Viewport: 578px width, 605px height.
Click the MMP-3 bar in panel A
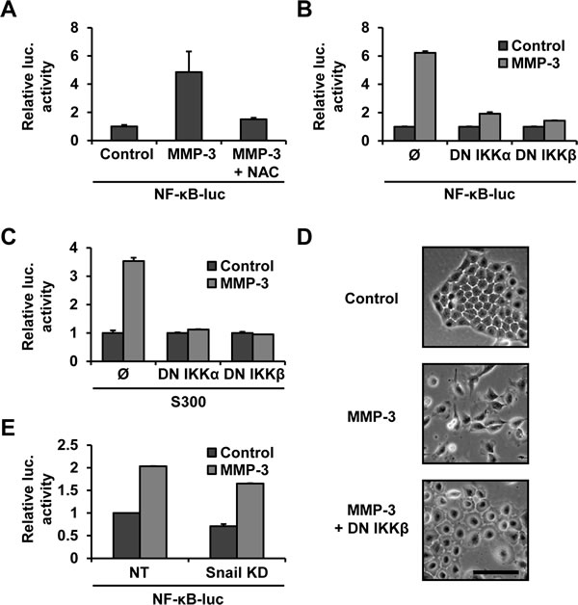(x=189, y=106)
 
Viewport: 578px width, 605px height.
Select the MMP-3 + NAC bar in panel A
(x=253, y=130)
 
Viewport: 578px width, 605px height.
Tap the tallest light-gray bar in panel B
(x=425, y=96)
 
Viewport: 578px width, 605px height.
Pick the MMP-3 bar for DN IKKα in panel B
(x=489, y=127)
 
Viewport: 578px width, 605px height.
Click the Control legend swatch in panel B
(x=503, y=46)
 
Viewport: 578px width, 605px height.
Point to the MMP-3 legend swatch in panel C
(x=212, y=283)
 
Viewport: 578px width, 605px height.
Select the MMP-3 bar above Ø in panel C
(x=134, y=311)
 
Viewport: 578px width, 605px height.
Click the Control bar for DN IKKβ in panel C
(x=242, y=347)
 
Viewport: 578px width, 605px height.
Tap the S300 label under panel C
(x=188, y=402)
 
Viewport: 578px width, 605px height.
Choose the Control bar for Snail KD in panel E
(x=223, y=541)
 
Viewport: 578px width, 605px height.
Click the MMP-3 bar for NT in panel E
(x=153, y=512)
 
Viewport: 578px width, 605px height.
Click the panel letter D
(x=304, y=237)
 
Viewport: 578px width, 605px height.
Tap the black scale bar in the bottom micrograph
(x=495, y=572)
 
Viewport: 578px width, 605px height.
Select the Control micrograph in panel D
(x=475, y=297)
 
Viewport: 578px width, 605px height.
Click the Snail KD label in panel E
(x=237, y=572)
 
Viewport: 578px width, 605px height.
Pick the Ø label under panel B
(x=414, y=155)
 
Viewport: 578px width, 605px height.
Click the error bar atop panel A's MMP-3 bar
(x=189, y=62)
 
